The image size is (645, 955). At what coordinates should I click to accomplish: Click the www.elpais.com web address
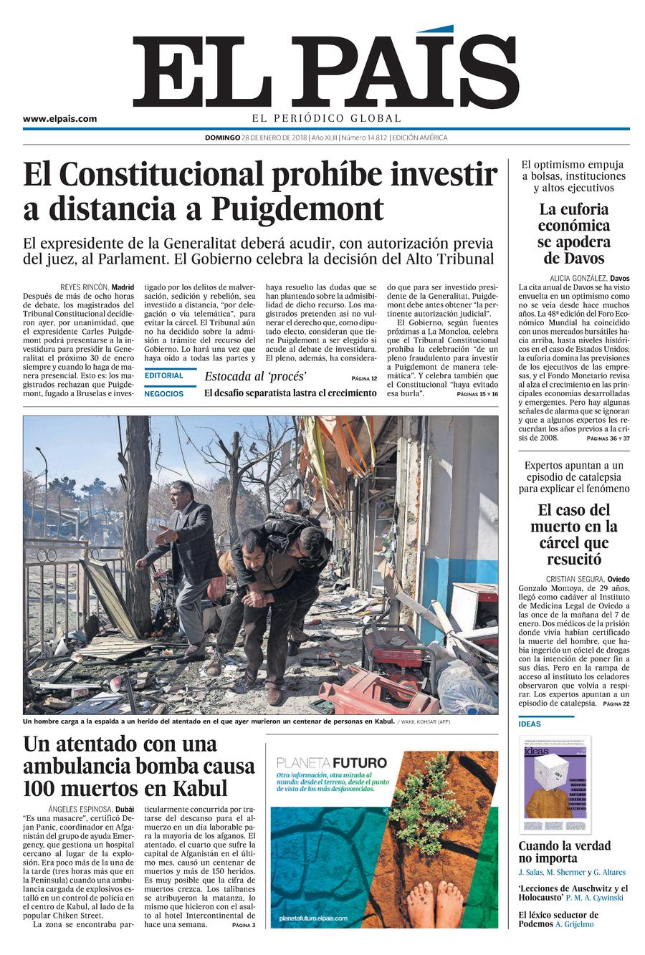[x=59, y=119]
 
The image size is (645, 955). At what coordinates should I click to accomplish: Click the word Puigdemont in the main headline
[x=297, y=209]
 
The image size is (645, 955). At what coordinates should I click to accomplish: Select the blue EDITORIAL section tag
[x=164, y=375]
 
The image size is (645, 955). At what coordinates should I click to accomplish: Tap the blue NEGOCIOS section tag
[x=164, y=393]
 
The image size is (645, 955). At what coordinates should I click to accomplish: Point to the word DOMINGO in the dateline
[x=222, y=138]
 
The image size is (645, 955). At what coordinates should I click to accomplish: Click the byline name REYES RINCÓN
[x=84, y=287]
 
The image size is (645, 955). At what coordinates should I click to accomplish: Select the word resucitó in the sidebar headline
[x=574, y=560]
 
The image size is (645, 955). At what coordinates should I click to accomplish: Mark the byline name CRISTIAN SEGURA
[x=575, y=579]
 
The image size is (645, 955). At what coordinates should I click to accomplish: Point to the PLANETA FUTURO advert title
[x=331, y=762]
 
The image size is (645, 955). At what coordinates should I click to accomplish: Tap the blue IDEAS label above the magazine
[x=530, y=724]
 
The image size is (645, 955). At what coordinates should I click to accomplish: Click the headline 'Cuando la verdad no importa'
[x=564, y=852]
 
